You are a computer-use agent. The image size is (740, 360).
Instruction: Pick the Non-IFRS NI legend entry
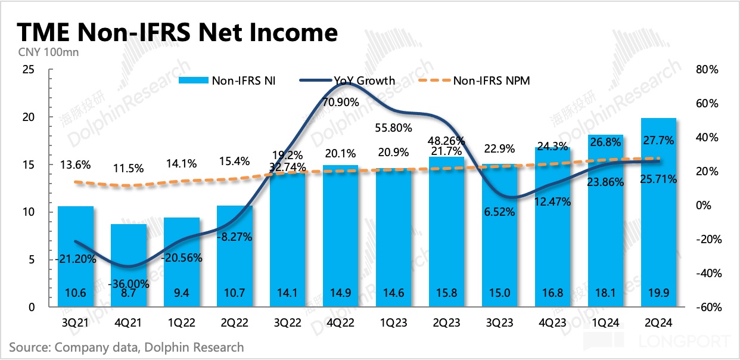(x=235, y=80)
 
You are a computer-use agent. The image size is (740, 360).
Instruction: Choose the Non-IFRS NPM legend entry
(x=483, y=80)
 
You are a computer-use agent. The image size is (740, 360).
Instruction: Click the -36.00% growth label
(x=130, y=284)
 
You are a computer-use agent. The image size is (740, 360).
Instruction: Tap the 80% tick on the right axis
(x=707, y=70)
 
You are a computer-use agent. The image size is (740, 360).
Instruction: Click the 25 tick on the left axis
(x=27, y=70)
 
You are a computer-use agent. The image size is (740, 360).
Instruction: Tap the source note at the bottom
(x=126, y=347)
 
